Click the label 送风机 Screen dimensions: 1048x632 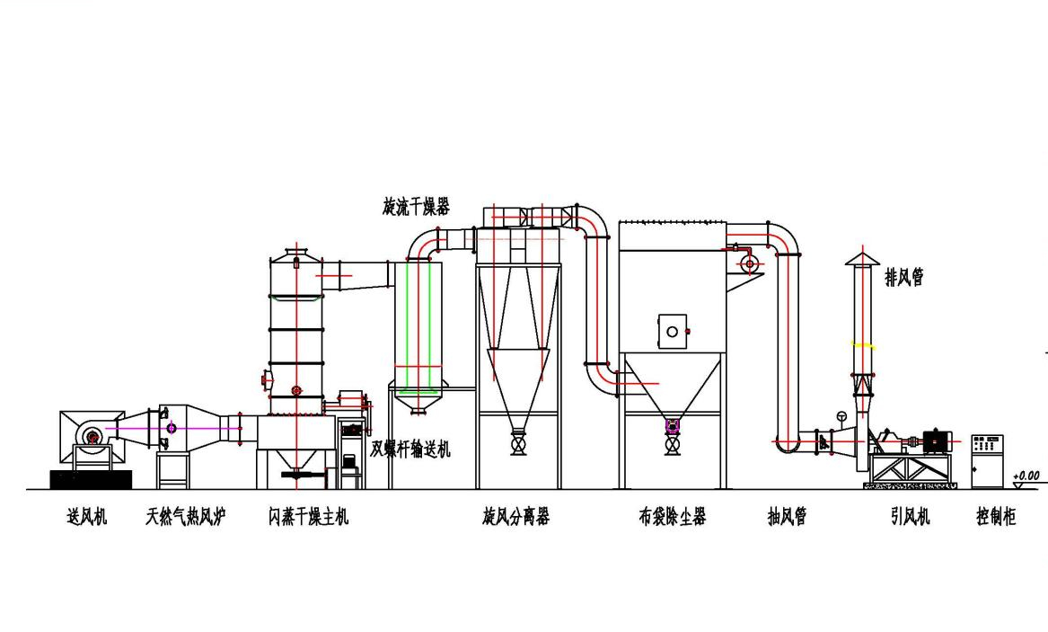point(87,516)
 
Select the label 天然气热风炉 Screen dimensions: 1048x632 point(186,516)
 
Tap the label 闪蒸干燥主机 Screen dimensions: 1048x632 point(309,516)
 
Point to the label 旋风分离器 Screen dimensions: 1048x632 point(516,516)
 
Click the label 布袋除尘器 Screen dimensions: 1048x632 point(673,516)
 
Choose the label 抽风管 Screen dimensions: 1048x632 point(788,516)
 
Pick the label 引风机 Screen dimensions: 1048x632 point(910,516)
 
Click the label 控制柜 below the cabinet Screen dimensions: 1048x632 point(996,516)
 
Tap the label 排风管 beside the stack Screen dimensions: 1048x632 point(905,277)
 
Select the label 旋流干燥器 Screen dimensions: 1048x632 point(417,206)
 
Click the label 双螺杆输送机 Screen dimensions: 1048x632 point(410,448)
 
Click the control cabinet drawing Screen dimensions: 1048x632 point(987,461)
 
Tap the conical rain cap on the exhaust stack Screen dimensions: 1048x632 point(862,259)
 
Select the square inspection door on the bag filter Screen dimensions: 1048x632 point(673,331)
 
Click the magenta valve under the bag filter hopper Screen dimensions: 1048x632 point(673,424)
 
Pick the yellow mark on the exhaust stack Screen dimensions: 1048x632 point(863,345)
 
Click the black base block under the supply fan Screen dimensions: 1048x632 point(91,479)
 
